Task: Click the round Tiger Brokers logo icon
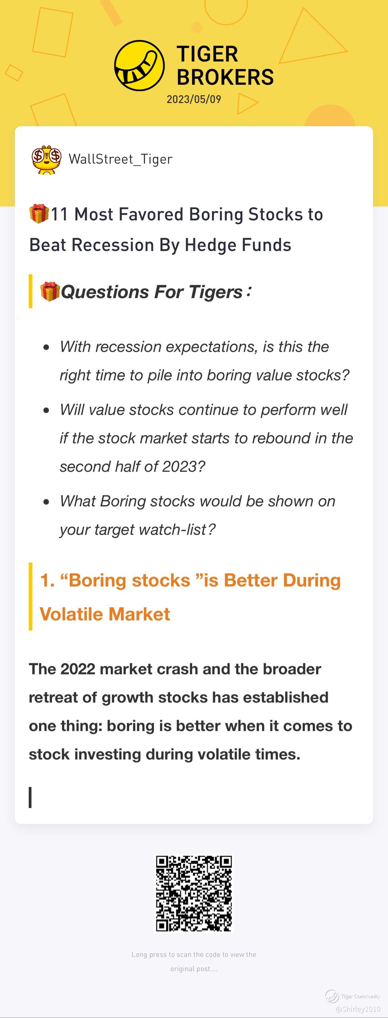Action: tap(139, 65)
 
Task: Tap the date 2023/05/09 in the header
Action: tap(194, 99)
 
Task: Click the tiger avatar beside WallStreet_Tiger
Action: tap(47, 160)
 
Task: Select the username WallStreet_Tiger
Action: tap(121, 159)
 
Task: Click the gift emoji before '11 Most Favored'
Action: tap(39, 214)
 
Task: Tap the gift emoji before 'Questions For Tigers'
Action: tap(50, 292)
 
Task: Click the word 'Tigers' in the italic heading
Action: tap(216, 293)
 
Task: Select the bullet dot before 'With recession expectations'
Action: tap(47, 348)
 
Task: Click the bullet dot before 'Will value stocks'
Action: tap(47, 410)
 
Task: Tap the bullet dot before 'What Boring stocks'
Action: tap(47, 502)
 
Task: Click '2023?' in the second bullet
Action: tap(183, 467)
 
